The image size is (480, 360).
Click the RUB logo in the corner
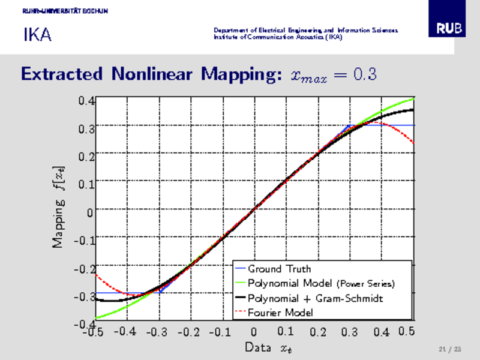(x=449, y=29)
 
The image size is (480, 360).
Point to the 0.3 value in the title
(x=364, y=74)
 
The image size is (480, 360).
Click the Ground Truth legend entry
(x=279, y=269)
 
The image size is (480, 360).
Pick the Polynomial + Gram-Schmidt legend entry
(x=315, y=298)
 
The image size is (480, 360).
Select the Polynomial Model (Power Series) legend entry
(x=321, y=283)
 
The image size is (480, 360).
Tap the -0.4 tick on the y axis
(x=84, y=324)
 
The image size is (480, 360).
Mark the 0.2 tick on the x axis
(x=318, y=332)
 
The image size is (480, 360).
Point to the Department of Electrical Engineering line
(x=306, y=30)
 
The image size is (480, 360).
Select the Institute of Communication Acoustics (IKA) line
(x=278, y=37)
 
